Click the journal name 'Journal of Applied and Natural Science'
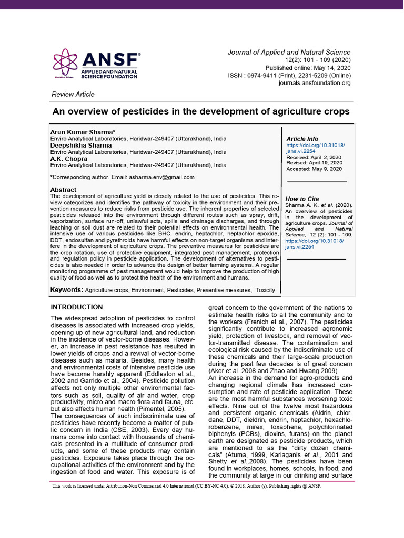point(289,53)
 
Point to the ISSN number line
point(289,76)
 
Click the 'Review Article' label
point(73,95)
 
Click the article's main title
point(200,112)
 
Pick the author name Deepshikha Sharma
point(80,145)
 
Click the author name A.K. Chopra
point(68,159)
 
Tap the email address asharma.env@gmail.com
point(161,177)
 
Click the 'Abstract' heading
point(63,190)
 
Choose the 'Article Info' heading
point(302,139)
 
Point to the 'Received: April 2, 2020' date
point(314,157)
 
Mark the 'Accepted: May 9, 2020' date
point(314,169)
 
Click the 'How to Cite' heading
point(302,199)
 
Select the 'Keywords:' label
point(66,290)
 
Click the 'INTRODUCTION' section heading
point(76,307)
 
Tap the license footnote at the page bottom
point(187,486)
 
